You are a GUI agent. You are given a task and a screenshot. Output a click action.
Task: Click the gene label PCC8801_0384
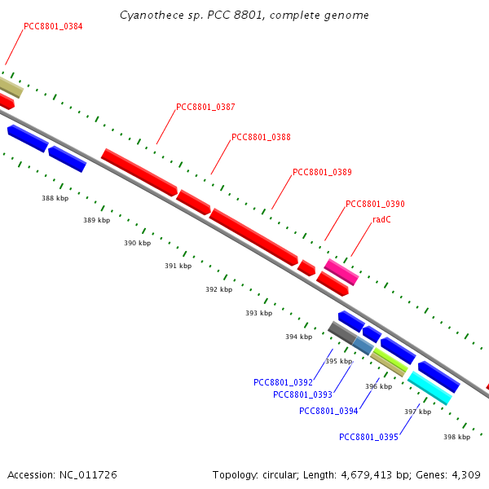coord(53,26)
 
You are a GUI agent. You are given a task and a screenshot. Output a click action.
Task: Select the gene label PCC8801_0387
coord(205,108)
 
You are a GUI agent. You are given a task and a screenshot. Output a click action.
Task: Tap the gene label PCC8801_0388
coord(261,138)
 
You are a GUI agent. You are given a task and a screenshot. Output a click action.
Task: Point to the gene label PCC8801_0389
coord(322,172)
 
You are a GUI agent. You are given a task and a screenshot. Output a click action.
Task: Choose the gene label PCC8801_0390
coord(375,204)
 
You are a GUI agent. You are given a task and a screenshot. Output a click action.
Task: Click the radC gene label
coord(381,220)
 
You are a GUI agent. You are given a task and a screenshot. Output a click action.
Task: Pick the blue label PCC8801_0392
coord(283,382)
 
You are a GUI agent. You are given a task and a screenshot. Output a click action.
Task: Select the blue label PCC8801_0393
coord(302,395)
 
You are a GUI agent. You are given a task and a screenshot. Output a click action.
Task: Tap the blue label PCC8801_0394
coord(328,411)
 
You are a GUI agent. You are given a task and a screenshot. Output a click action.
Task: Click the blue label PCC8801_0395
coord(368,437)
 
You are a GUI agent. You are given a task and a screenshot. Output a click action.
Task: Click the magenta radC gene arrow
coord(341,271)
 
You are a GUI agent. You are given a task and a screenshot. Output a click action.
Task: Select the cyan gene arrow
coord(430,388)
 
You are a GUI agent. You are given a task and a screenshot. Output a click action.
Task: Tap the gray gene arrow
coord(341,332)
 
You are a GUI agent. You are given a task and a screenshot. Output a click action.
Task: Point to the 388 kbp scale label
coord(55,198)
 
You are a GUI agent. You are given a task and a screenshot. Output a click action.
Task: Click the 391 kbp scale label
coord(178,266)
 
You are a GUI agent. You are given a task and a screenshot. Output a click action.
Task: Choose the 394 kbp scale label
coord(298,337)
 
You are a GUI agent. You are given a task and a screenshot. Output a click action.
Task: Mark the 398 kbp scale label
coord(457,438)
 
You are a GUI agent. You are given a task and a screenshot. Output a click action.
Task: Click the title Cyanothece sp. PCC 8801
coord(200,15)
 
